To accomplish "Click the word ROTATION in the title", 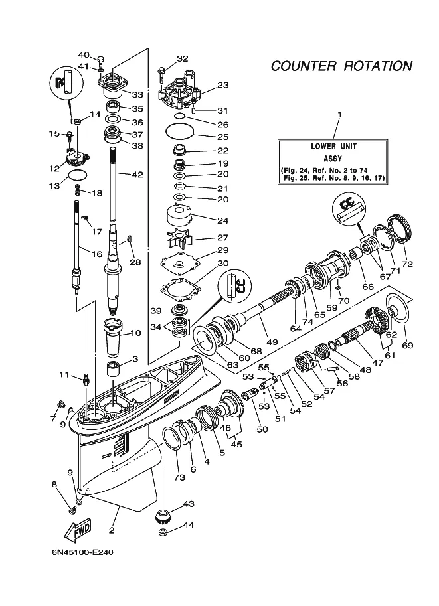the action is [378, 66].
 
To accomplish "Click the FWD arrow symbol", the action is [78, 529].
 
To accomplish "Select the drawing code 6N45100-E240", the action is [82, 552].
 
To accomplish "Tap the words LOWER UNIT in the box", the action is [333, 147].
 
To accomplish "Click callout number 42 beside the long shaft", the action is [137, 175].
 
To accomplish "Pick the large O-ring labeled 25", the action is [179, 132].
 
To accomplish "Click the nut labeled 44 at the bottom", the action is [163, 532].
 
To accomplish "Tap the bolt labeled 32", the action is [161, 76].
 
